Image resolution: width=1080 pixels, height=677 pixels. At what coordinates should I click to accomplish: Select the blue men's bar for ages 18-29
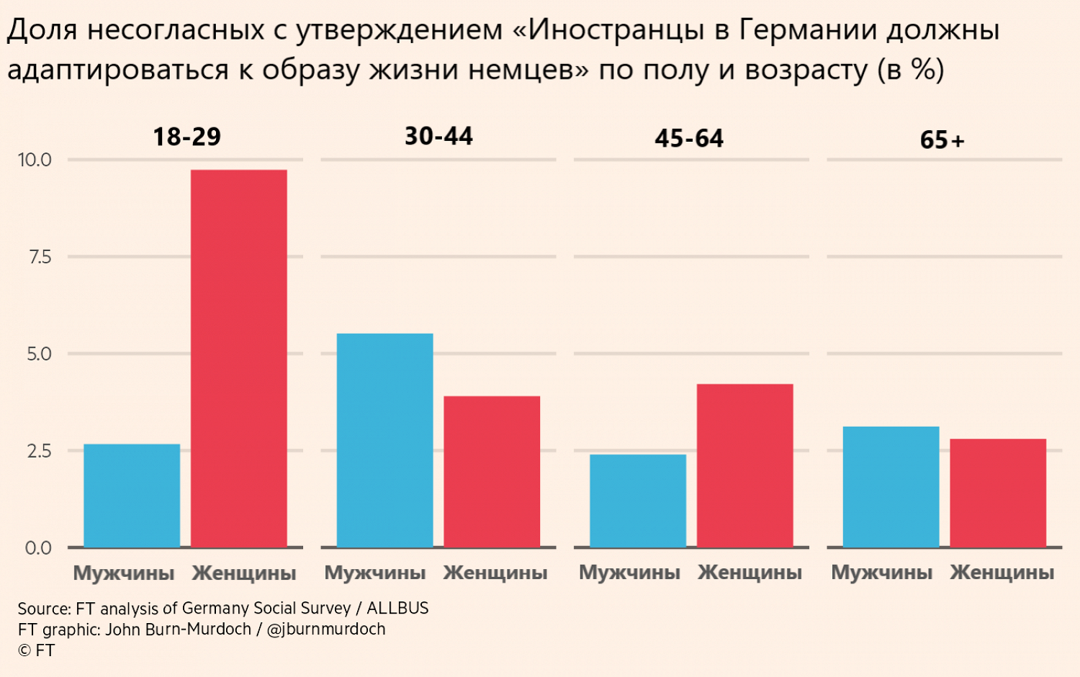click(x=132, y=496)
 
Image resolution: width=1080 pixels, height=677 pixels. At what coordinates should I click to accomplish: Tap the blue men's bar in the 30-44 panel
click(x=384, y=440)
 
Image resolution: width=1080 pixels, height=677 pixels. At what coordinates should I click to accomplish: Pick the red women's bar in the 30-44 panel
click(x=492, y=471)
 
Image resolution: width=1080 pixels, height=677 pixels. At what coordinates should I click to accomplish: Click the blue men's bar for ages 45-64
click(x=638, y=501)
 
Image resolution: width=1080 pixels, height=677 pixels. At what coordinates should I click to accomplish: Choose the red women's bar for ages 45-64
click(x=745, y=465)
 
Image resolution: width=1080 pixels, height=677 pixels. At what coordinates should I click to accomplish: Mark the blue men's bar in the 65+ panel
click(x=891, y=487)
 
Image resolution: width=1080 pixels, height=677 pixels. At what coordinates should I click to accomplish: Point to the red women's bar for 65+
click(x=998, y=493)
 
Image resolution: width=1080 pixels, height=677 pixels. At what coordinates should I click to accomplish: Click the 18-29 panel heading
click(x=187, y=137)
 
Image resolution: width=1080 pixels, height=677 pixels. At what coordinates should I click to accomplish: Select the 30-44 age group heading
click(x=438, y=136)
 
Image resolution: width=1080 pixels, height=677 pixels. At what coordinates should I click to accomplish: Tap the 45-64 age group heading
click(x=689, y=138)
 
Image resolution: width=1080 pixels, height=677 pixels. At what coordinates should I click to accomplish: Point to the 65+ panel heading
click(x=942, y=140)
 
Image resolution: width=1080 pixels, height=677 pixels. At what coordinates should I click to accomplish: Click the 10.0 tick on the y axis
click(x=35, y=160)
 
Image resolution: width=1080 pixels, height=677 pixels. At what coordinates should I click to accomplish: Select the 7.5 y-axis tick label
click(x=40, y=257)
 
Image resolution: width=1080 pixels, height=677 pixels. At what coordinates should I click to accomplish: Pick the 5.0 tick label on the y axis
click(x=39, y=354)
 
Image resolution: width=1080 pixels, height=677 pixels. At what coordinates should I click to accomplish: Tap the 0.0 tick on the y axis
click(x=38, y=548)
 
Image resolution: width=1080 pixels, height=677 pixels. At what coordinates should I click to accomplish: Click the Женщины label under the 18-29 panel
click(x=244, y=573)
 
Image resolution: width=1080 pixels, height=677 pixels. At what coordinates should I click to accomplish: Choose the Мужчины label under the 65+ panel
click(x=882, y=573)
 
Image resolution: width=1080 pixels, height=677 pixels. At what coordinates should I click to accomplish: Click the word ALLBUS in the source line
click(x=397, y=608)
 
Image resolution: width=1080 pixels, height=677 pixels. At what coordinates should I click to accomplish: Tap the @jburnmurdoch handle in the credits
click(x=326, y=630)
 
